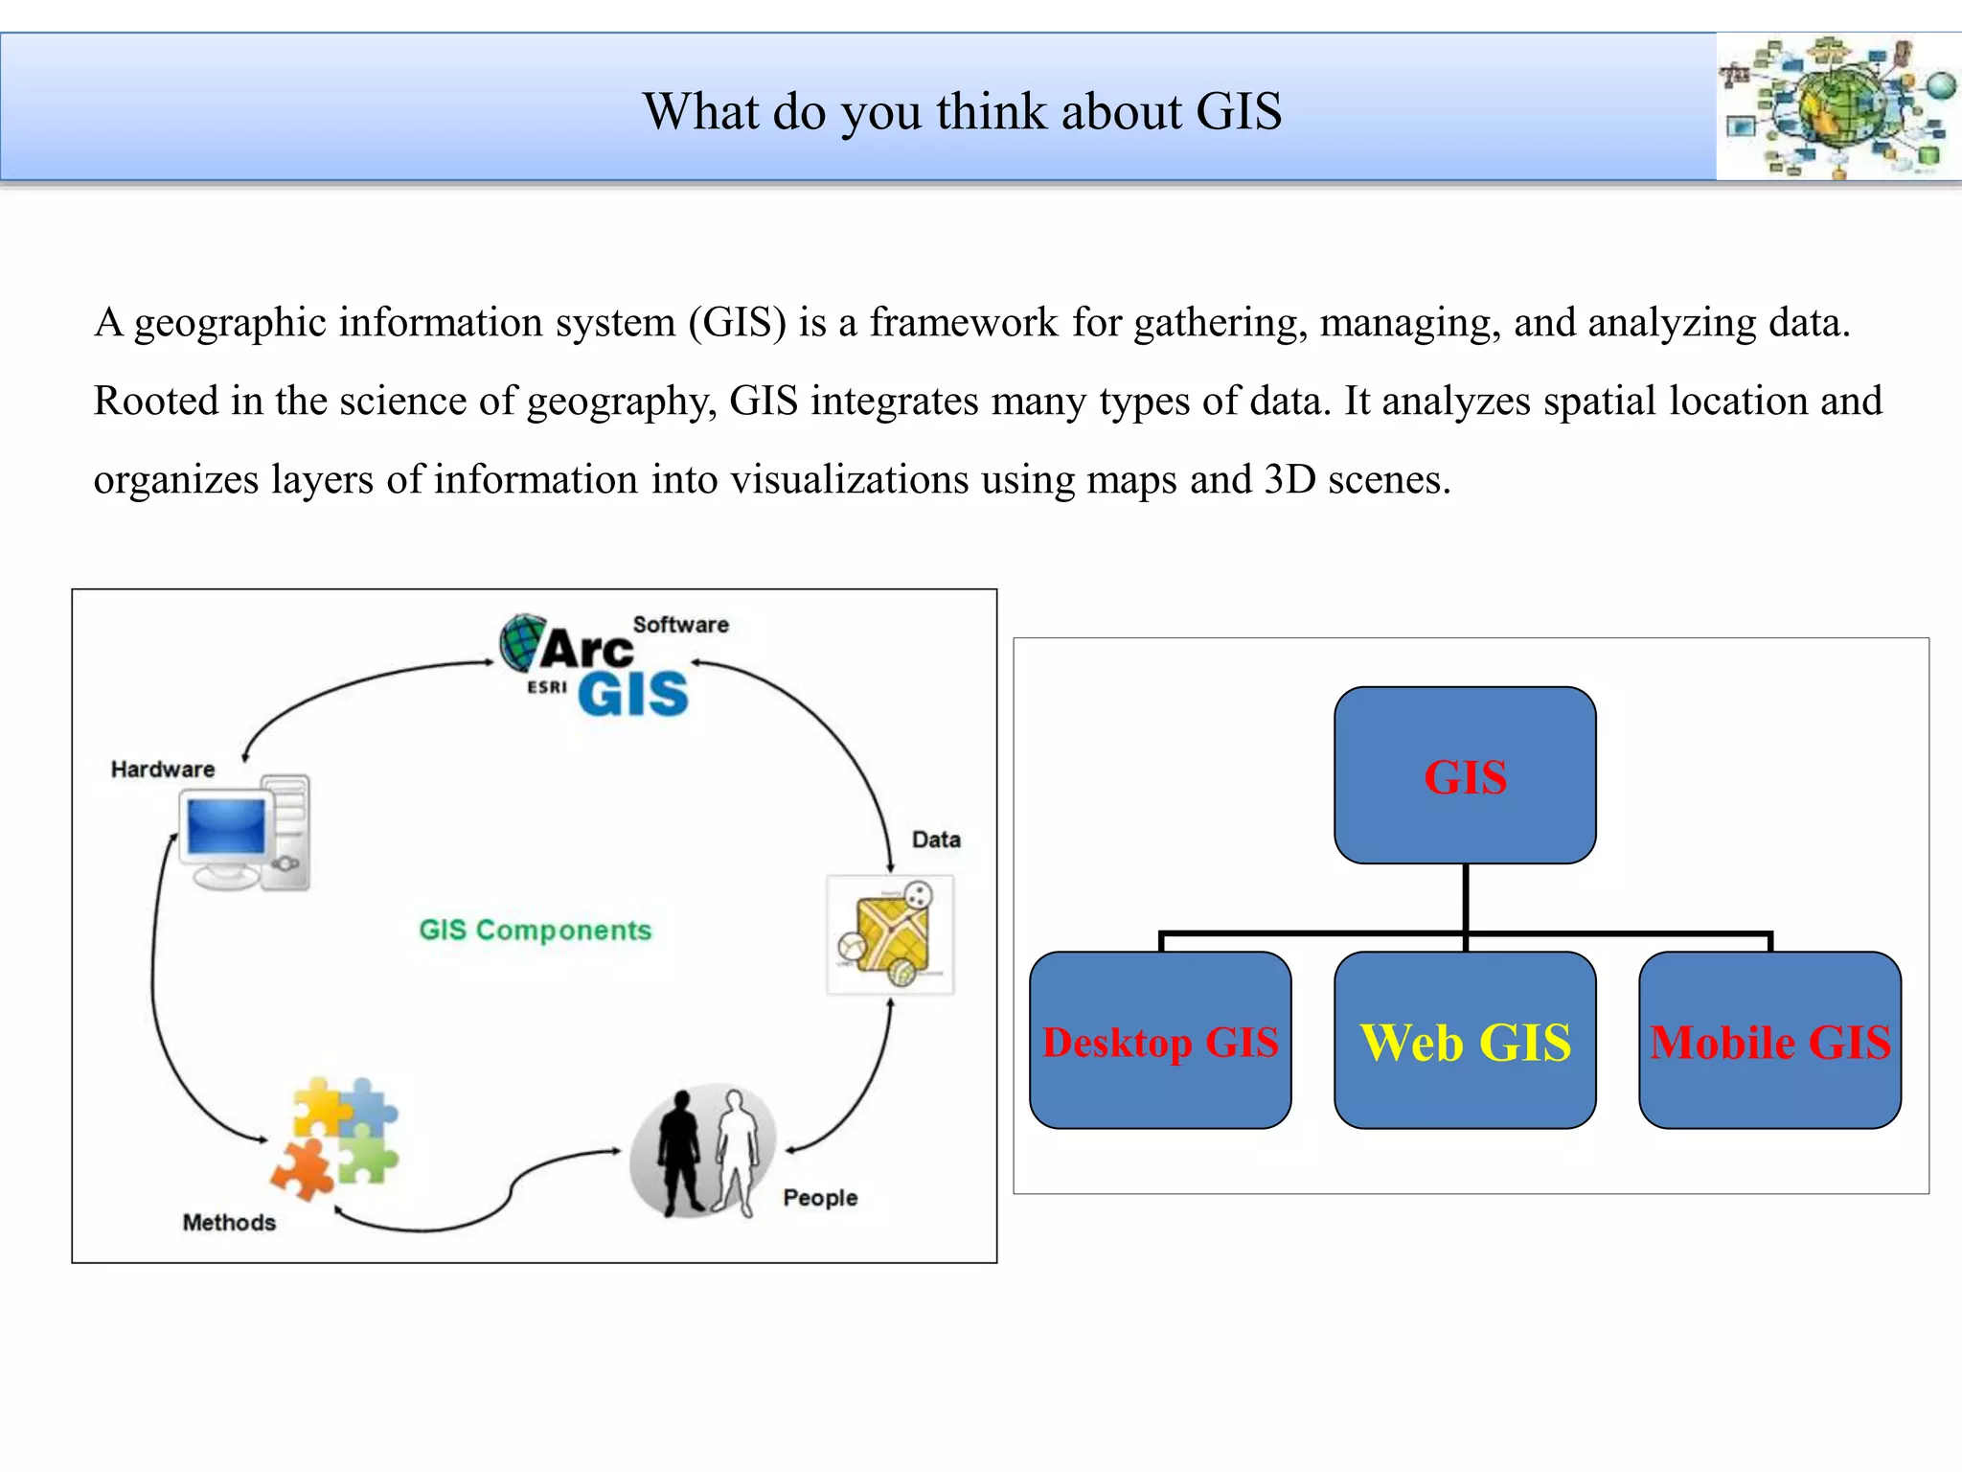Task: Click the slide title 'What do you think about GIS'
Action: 962,111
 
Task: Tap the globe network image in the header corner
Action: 1837,107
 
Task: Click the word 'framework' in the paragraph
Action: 964,323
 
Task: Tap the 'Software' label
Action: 680,625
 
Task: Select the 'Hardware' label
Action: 163,770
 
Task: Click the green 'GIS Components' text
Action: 536,931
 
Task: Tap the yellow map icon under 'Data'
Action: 890,935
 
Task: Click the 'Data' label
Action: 936,839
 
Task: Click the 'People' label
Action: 820,1198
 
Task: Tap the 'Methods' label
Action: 229,1223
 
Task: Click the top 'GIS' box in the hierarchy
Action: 1465,775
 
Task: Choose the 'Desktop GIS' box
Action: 1160,1041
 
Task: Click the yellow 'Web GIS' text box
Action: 1465,1041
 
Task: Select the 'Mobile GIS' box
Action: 1769,1041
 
